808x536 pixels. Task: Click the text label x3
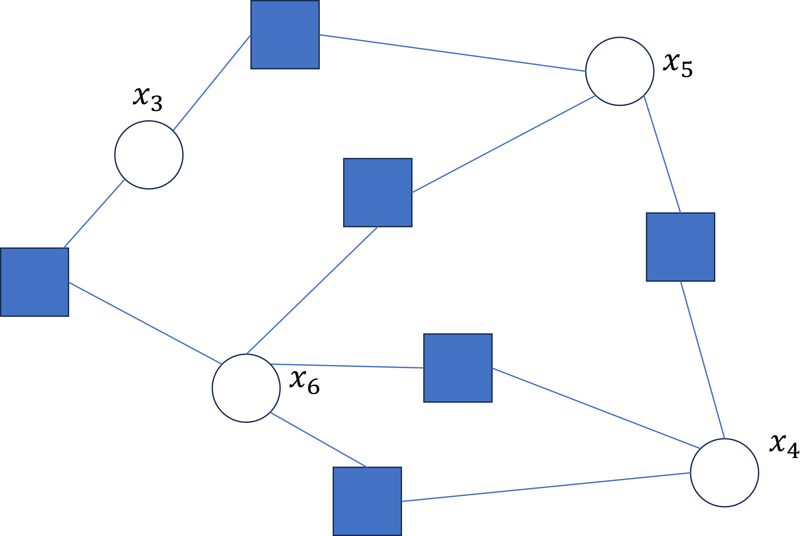point(148,100)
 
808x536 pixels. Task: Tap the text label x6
point(304,383)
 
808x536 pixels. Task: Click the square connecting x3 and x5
point(285,35)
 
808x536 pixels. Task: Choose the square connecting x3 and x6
point(35,282)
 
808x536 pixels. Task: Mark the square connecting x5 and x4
point(680,247)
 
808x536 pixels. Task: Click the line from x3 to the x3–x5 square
point(212,82)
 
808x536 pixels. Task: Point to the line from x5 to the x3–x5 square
point(452,53)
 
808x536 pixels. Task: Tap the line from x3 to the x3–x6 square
point(94,214)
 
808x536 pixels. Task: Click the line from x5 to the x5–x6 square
point(504,144)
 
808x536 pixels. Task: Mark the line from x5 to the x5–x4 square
point(662,154)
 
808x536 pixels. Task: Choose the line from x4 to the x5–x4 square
point(702,360)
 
